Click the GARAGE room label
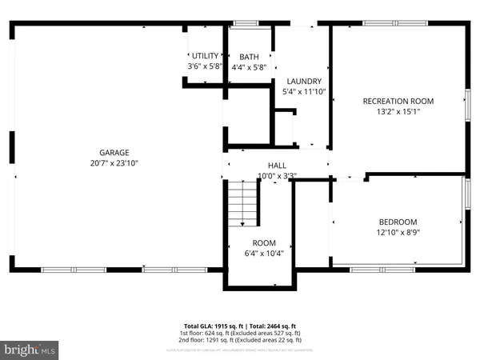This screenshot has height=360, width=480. pos(114,152)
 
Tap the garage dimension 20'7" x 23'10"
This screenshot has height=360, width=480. pos(114,162)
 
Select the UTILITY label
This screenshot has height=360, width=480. pos(204,55)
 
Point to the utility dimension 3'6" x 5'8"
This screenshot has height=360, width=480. pos(204,66)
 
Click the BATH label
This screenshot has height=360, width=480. pos(249,57)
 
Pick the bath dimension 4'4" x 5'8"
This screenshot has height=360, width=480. pos(249,67)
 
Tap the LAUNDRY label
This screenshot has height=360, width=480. pos(304,81)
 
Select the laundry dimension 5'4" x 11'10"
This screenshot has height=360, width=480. pos(304,91)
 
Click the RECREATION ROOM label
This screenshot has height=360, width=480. pos(398,101)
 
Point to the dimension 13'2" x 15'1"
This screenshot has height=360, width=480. pos(398,111)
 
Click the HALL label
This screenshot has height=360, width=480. pos(277,165)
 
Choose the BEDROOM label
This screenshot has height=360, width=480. pos(398,222)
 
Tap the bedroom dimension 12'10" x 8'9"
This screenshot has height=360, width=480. pos(398,232)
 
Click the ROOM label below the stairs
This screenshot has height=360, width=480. pos(264,242)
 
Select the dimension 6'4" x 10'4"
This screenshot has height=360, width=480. pos(264,253)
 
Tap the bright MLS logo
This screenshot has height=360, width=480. pos(30,350)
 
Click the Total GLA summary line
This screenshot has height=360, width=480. pos(240,326)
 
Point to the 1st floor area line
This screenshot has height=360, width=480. pos(240,334)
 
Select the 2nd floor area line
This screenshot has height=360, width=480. pos(240,341)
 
